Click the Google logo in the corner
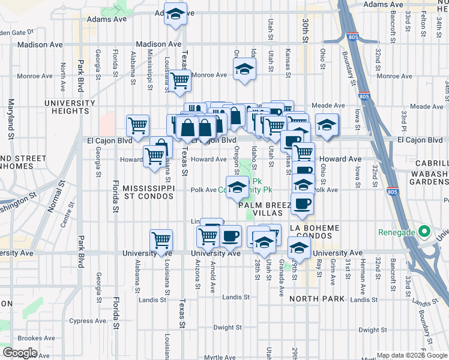click(x=20, y=353)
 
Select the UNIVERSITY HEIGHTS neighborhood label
click(x=70, y=107)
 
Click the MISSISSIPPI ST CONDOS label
click(x=148, y=192)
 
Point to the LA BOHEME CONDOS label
click(x=315, y=232)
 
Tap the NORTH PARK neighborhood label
click(x=317, y=298)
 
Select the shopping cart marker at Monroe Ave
click(x=179, y=80)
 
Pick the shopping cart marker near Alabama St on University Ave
click(x=161, y=240)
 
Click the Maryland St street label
click(x=11, y=119)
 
